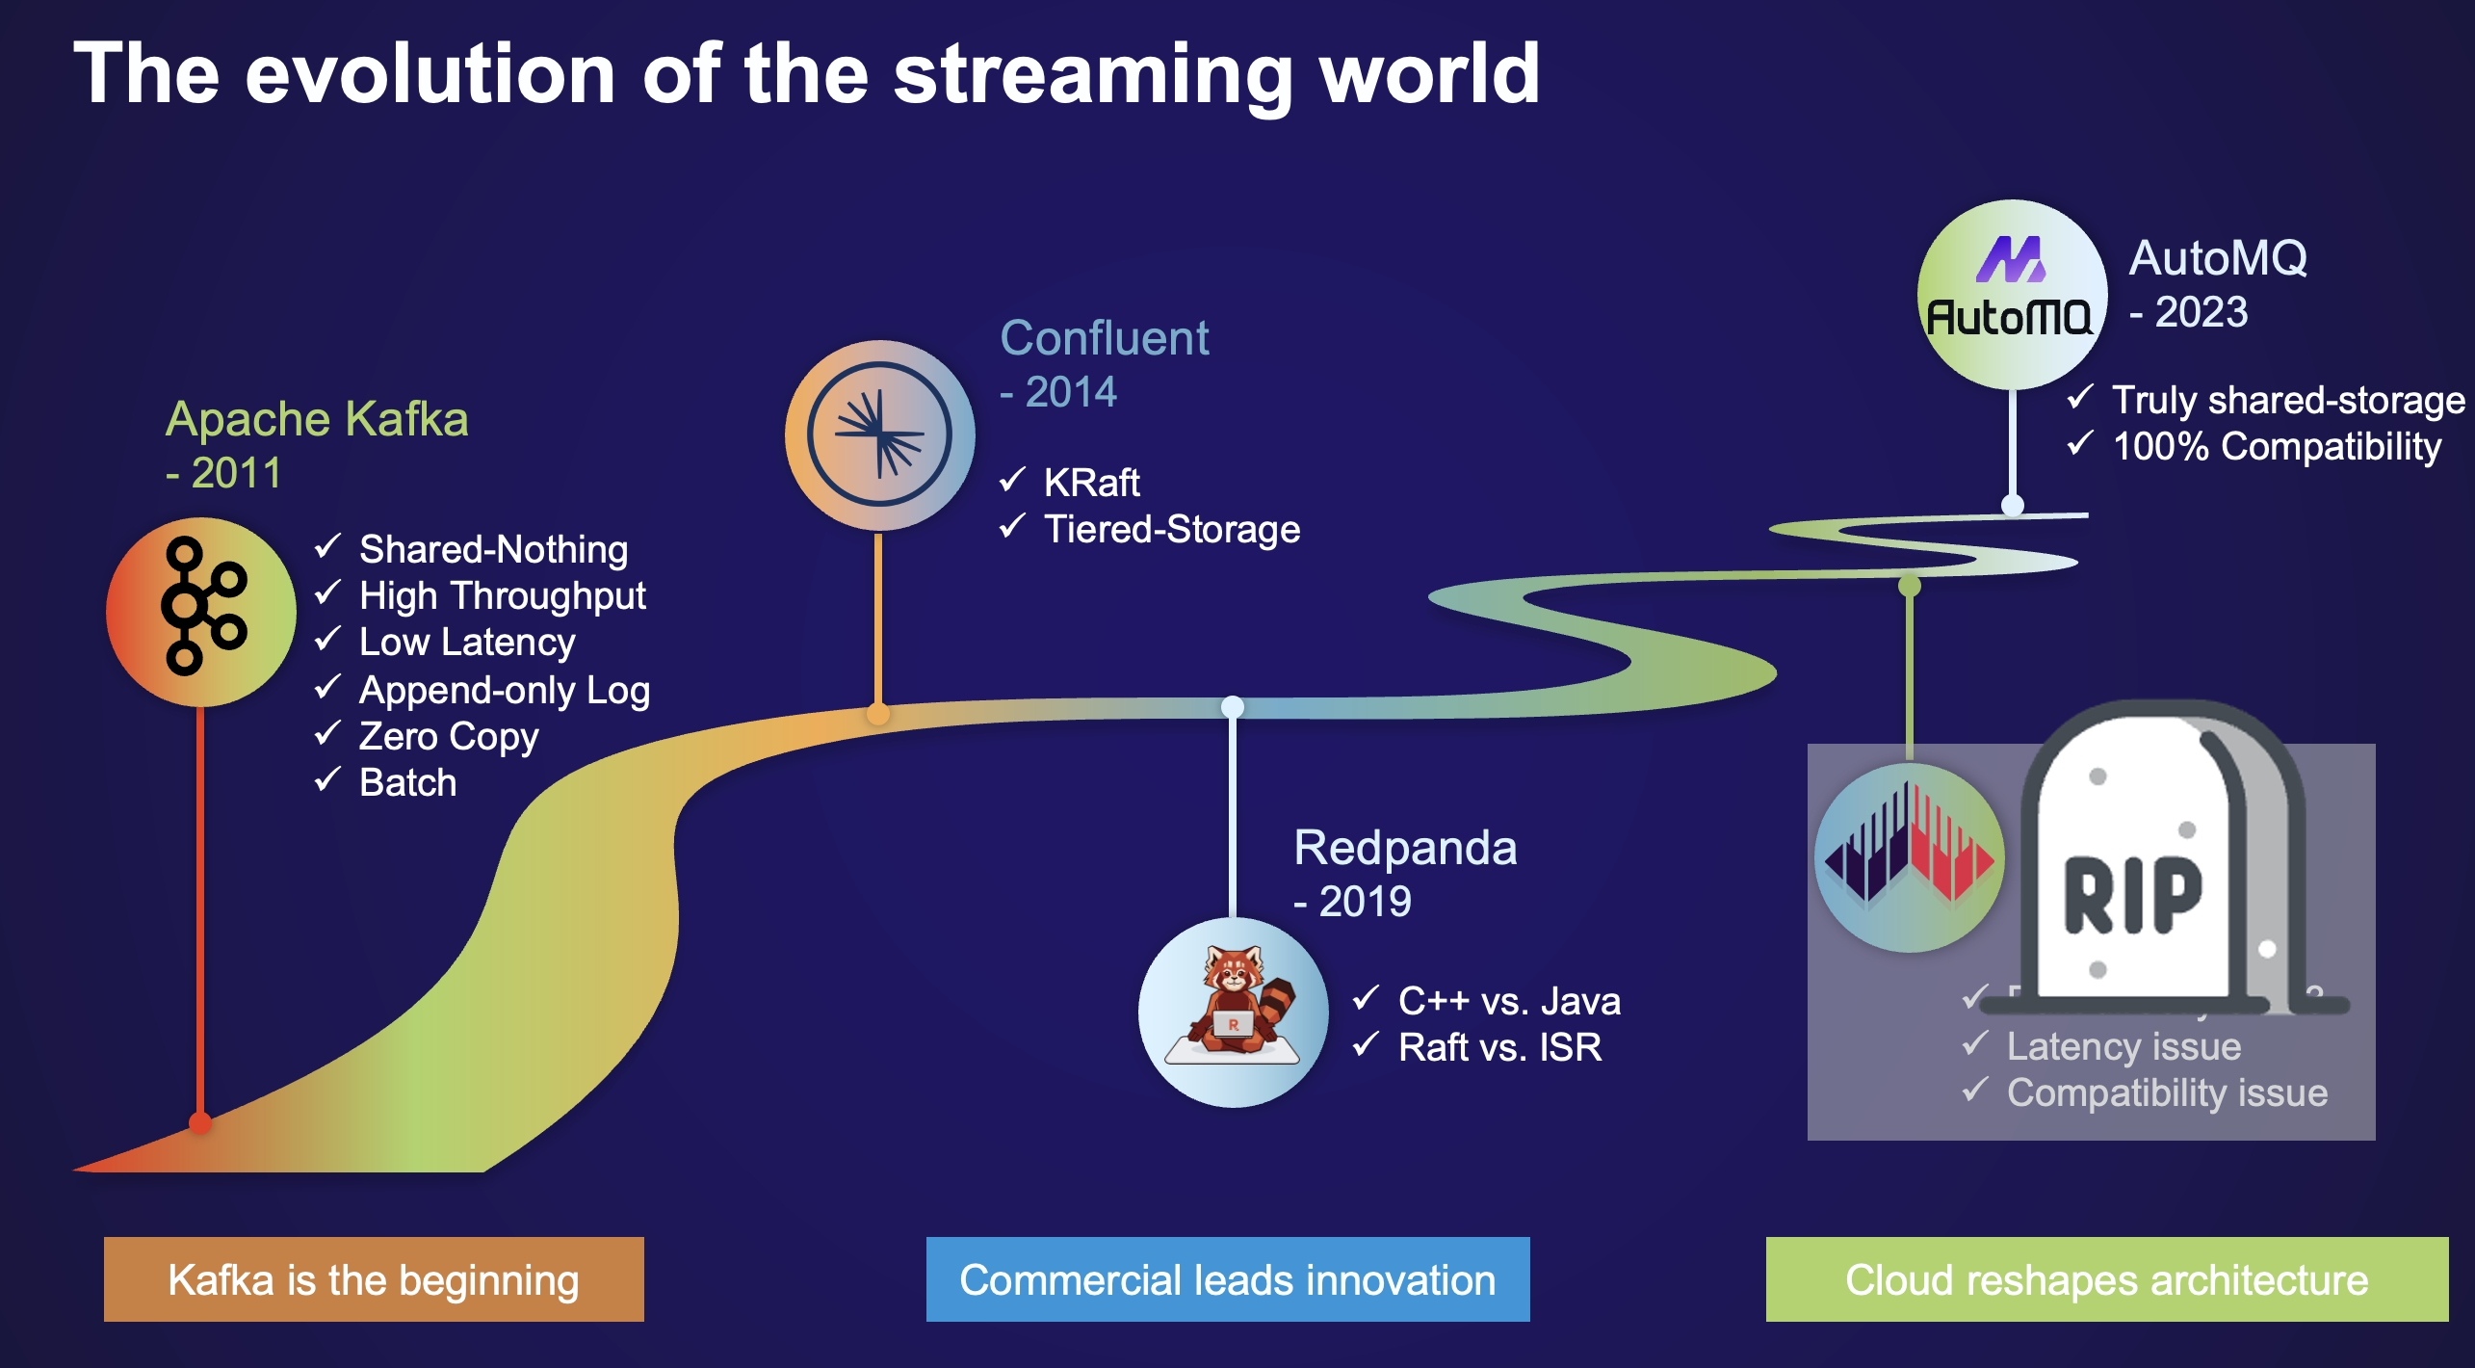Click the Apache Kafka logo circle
pos(200,611)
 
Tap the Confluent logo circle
pos(879,434)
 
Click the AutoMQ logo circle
pos(2011,294)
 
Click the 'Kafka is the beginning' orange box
pos(374,1279)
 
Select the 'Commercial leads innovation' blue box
pos(1228,1279)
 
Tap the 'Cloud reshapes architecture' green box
pos(2106,1279)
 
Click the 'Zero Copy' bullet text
pos(449,736)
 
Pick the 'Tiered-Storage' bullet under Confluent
pos(1172,529)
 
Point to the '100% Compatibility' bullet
pos(2277,446)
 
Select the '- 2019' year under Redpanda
pos(1353,902)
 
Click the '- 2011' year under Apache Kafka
pos(224,473)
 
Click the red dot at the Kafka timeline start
pos(200,1123)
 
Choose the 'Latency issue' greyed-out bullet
pos(2123,1046)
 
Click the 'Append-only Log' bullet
pos(505,690)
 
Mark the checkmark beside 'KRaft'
pos(1012,479)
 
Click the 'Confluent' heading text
pos(1104,338)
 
